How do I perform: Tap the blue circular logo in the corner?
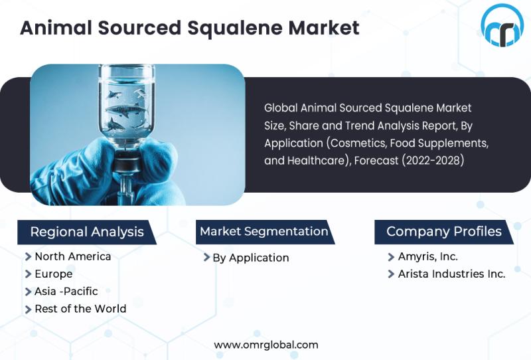pyautogui.click(x=502, y=25)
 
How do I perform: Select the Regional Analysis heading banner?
pyautogui.click(x=87, y=232)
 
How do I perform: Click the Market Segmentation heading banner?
pyautogui.click(x=265, y=232)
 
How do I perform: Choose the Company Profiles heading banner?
pyautogui.click(x=444, y=232)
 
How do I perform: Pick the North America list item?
pyautogui.click(x=73, y=256)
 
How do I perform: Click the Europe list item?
pyautogui.click(x=54, y=274)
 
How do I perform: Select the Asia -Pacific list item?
pyautogui.click(x=66, y=291)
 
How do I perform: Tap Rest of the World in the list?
pyautogui.click(x=80, y=309)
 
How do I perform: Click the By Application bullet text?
pyautogui.click(x=251, y=258)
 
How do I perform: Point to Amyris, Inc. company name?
pyautogui.click(x=428, y=256)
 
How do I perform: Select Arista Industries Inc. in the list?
pyautogui.click(x=452, y=274)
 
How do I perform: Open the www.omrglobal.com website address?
pyautogui.click(x=266, y=345)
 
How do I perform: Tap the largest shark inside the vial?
pyautogui.click(x=127, y=110)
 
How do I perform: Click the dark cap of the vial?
pyautogui.click(x=126, y=163)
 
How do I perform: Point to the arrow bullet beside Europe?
pyautogui.click(x=29, y=274)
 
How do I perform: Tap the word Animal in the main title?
pyautogui.click(x=56, y=28)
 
